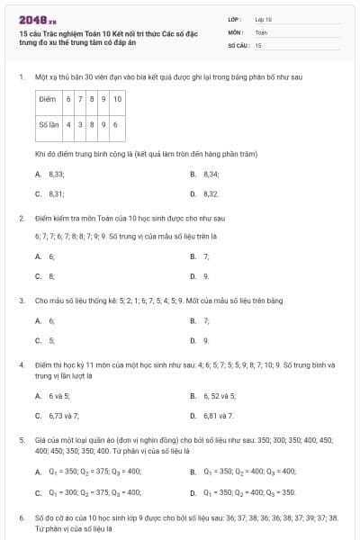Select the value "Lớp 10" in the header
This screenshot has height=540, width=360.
pos(263,18)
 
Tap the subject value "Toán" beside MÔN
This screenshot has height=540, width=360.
pos(261,31)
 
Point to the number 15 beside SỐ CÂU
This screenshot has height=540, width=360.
pos(258,44)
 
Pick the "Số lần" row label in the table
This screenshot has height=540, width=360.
pos(49,124)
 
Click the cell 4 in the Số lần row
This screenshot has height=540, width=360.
pos(68,124)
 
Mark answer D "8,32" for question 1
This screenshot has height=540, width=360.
pos(211,193)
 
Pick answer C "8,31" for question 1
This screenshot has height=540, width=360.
pos(56,193)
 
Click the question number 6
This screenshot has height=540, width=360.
pos(22,518)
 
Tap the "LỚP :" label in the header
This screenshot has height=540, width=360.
pos(235,18)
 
